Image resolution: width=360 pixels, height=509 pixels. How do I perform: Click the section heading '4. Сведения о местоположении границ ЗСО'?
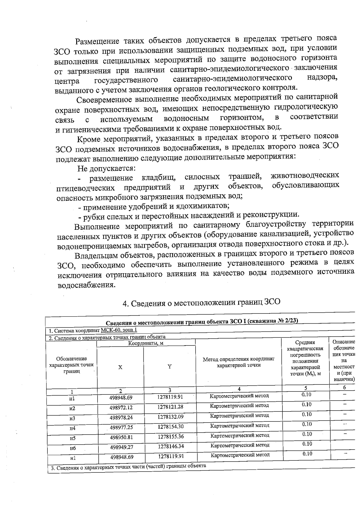point(201,302)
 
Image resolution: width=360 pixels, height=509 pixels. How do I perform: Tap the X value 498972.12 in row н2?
point(121,408)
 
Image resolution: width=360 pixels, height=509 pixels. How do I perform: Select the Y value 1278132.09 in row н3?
point(170,417)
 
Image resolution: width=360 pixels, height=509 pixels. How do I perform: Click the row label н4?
point(72,428)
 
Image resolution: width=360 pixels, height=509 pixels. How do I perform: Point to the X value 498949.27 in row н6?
point(121,447)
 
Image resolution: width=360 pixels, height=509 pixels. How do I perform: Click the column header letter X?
point(120,367)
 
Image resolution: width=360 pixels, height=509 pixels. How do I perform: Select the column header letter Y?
point(169,367)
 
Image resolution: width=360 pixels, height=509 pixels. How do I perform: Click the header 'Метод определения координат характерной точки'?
point(238,362)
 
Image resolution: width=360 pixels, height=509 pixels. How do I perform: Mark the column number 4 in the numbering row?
point(239,389)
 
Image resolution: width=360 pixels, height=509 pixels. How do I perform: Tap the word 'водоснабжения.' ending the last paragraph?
point(86,284)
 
